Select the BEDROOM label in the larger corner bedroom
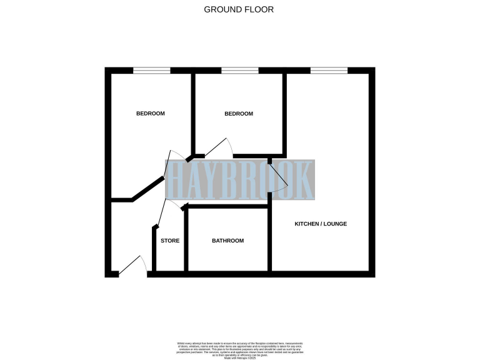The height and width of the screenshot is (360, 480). (x=151, y=114)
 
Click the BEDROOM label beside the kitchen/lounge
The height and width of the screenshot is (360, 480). (x=239, y=114)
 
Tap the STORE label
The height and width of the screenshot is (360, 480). (x=170, y=241)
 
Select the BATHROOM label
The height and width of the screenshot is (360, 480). (x=227, y=241)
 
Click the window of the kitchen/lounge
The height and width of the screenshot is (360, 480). (x=329, y=71)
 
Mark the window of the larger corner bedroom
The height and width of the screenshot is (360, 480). (x=151, y=71)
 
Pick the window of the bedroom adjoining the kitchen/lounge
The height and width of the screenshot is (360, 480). (x=240, y=71)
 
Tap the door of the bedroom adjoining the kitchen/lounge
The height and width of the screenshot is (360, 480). (x=219, y=147)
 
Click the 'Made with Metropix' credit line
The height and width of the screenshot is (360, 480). (x=240, y=357)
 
